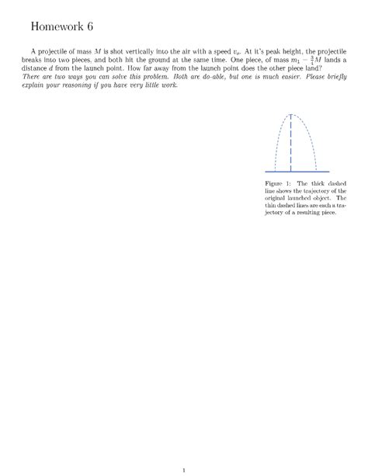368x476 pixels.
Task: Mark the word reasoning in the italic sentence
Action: coord(75,108)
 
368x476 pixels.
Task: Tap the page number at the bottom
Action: coord(182,447)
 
